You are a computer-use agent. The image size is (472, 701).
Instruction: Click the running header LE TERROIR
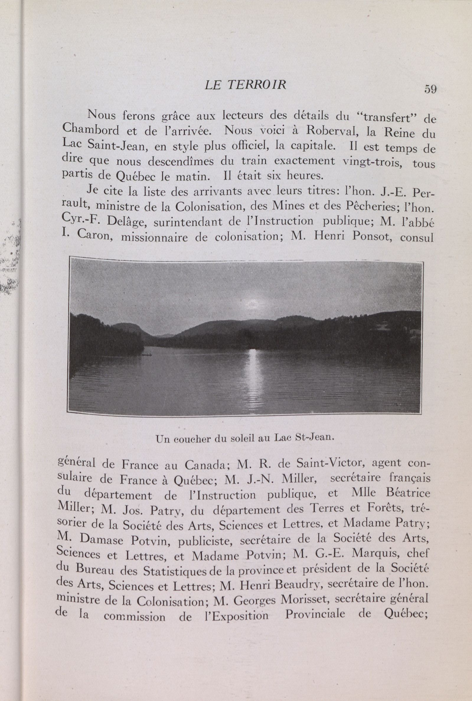pyautogui.click(x=245, y=85)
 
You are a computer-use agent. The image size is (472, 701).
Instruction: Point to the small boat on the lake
pyautogui.click(x=147, y=355)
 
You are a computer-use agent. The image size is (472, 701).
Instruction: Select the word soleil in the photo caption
pyautogui.click(x=242, y=438)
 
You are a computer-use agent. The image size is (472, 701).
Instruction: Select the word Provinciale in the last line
pyautogui.click(x=315, y=614)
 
